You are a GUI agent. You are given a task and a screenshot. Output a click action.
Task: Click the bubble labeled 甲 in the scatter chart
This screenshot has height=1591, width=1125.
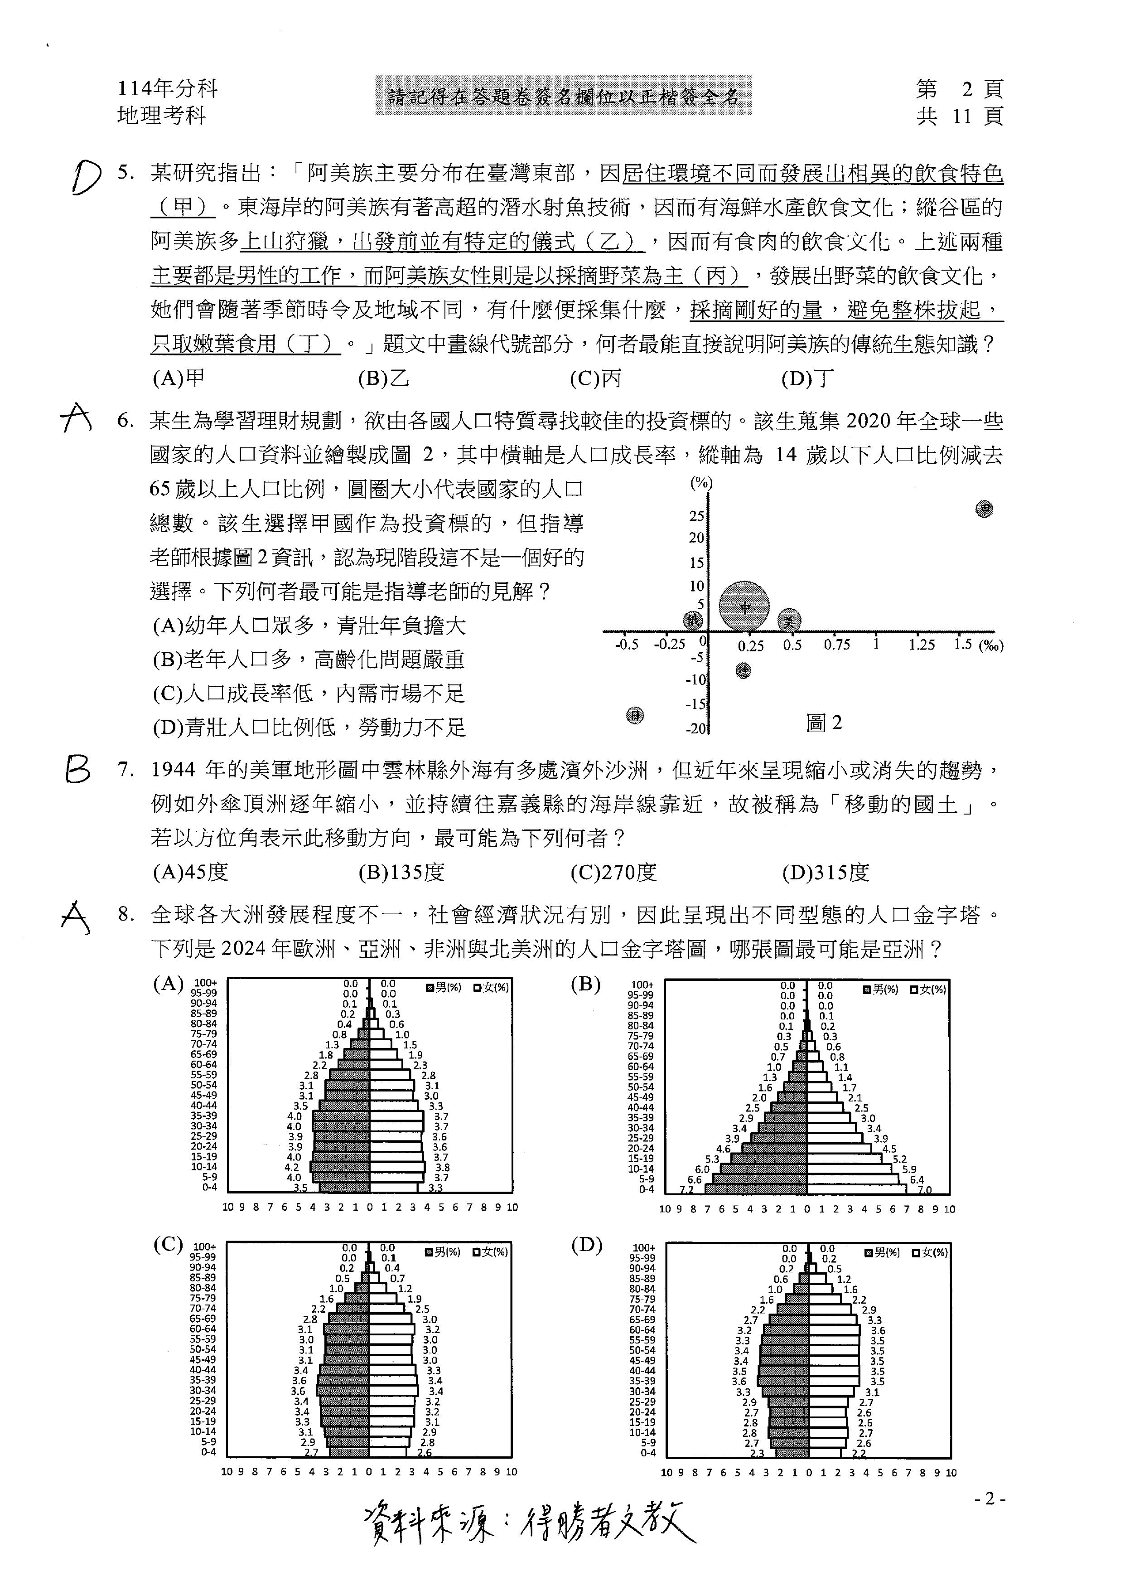[984, 509]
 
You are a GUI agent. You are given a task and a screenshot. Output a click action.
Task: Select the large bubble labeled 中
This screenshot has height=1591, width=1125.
[744, 607]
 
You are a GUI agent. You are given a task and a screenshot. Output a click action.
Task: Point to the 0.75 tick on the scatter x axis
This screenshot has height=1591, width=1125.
[837, 645]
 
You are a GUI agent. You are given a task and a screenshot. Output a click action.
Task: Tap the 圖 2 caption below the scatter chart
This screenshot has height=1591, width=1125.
[824, 723]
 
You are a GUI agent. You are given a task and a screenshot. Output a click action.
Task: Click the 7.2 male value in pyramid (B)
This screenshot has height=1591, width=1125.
[686, 1190]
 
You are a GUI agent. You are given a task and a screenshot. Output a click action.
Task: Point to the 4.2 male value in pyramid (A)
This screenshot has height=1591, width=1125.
[292, 1167]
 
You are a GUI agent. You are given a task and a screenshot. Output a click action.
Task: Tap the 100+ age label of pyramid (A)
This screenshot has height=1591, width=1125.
[205, 983]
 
